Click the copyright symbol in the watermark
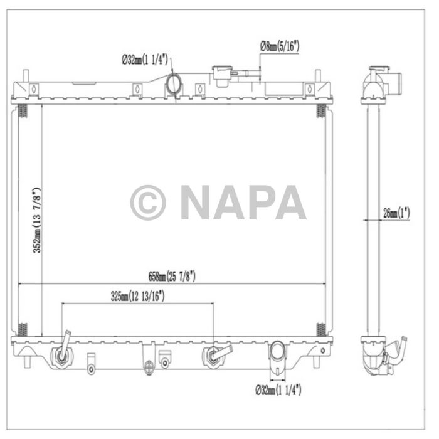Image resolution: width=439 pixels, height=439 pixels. tap(148, 202)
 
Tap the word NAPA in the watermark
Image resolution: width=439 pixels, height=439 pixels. tap(243, 202)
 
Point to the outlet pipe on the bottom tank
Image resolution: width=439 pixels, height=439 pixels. tap(277, 354)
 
